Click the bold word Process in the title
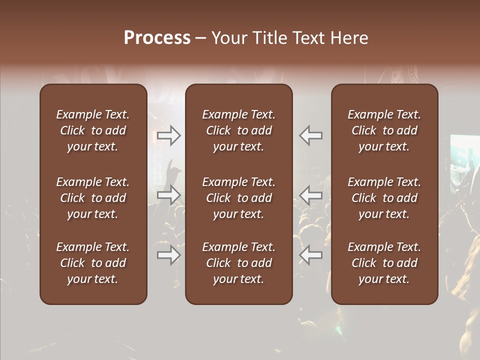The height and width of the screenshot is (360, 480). [157, 38]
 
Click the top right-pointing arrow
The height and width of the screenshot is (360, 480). [169, 135]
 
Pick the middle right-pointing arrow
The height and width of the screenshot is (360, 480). [169, 194]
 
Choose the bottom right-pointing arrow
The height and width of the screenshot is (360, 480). [169, 255]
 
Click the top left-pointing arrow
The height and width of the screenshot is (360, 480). [311, 135]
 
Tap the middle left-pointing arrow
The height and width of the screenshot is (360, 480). [311, 194]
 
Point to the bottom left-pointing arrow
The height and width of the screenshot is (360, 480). [311, 255]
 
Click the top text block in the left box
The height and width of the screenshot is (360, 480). [93, 130]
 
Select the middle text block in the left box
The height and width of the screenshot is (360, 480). [93, 198]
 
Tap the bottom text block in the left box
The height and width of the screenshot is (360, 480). [93, 263]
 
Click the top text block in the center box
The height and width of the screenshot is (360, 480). [238, 130]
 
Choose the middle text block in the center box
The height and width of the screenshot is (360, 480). [238, 198]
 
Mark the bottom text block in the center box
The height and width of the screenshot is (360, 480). [238, 263]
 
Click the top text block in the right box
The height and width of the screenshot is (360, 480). [384, 130]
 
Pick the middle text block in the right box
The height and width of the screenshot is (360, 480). [384, 198]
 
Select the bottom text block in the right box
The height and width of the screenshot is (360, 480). [384, 263]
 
